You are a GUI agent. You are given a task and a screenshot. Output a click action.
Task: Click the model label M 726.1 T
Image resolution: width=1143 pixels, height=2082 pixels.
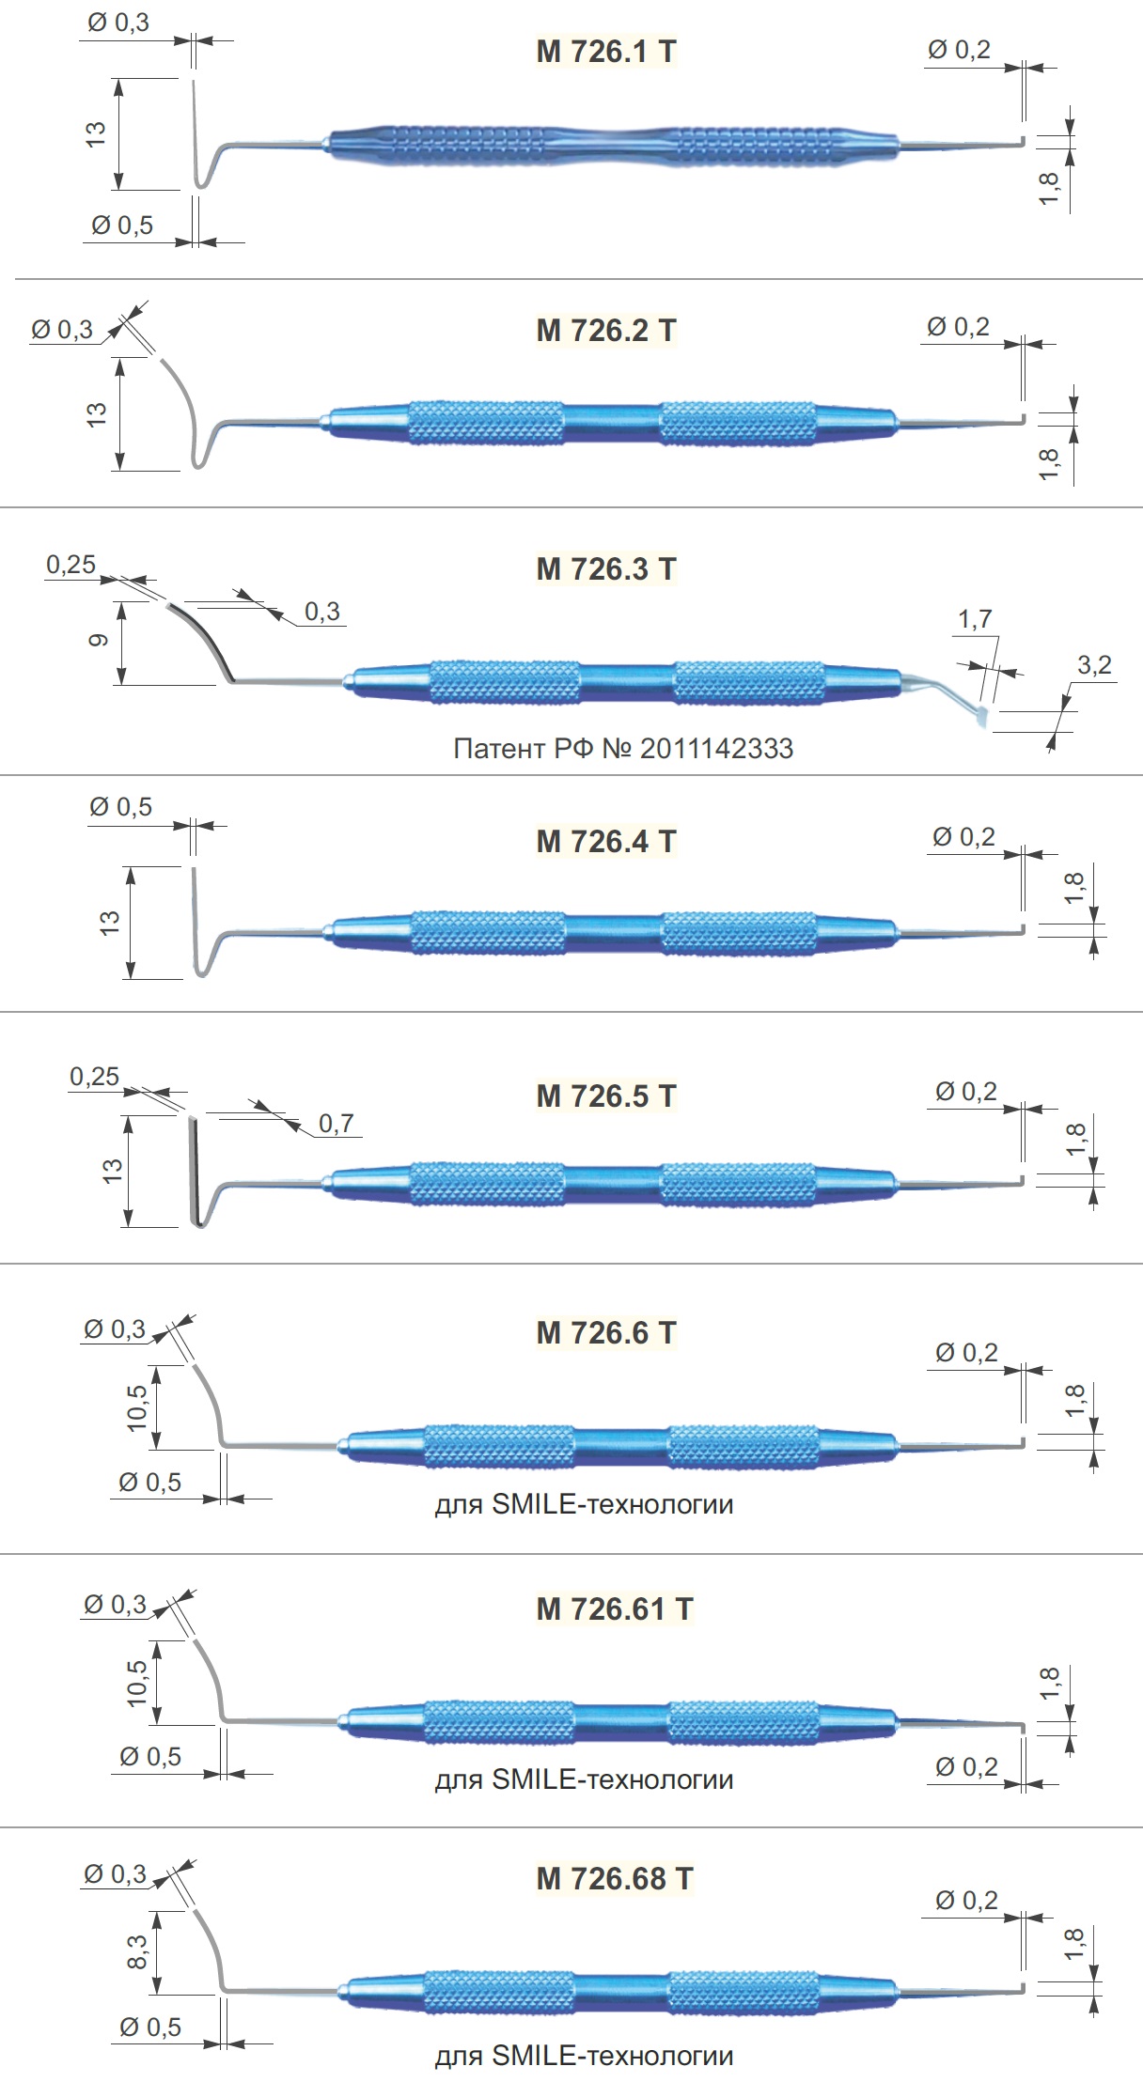point(606,51)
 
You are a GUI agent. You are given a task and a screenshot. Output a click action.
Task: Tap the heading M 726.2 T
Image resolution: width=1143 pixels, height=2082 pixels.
point(606,330)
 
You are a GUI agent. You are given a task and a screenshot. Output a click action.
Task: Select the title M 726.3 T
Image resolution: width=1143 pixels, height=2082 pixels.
point(606,568)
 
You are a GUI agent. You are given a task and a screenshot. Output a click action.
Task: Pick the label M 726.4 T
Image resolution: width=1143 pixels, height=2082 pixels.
point(606,841)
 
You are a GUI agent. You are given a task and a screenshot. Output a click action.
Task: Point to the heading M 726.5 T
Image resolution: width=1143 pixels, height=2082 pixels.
point(606,1095)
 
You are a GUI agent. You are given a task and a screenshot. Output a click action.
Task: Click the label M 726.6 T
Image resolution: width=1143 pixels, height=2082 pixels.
point(606,1332)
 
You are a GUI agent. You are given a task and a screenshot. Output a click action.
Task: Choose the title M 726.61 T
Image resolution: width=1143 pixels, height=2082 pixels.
point(615,1608)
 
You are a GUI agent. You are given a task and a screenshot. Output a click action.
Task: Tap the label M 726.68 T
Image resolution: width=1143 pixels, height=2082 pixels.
point(615,1878)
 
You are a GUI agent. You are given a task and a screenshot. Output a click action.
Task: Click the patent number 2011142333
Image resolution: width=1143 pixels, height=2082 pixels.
point(716,749)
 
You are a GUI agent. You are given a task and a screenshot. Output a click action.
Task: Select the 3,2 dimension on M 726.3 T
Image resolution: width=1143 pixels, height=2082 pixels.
point(1094,665)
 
